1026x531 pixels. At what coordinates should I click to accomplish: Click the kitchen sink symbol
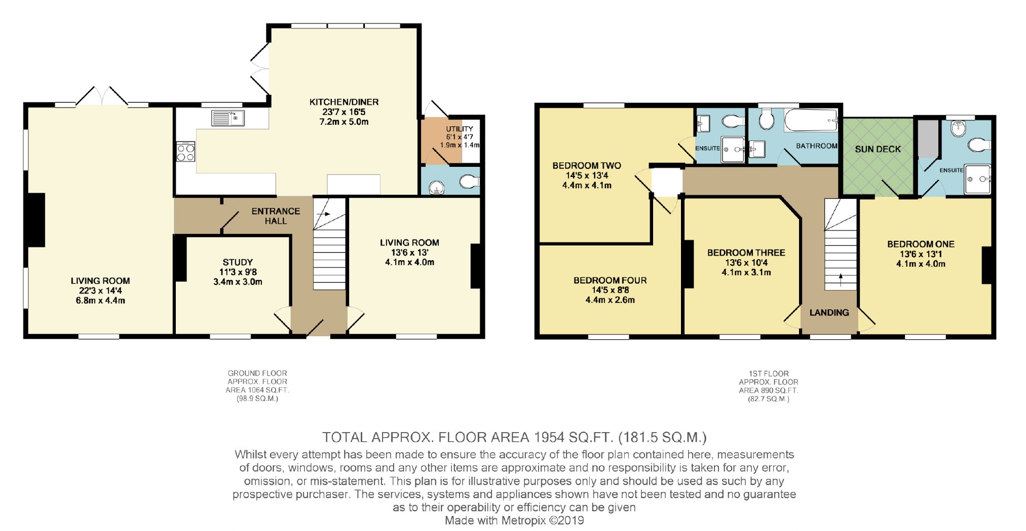[228, 118]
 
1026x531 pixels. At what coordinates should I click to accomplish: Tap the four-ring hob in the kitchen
[185, 152]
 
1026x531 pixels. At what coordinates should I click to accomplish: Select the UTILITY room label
[459, 129]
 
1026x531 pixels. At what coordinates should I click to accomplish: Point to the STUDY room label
[237, 262]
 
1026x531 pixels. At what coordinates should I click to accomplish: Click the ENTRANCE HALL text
[276, 216]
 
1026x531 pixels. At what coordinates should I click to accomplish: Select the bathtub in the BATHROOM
[810, 120]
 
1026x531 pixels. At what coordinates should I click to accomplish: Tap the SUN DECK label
[878, 149]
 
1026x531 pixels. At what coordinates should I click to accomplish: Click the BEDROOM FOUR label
[610, 280]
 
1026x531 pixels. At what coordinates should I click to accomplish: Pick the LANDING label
[829, 312]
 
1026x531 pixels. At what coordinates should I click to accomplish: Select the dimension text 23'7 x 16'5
[344, 112]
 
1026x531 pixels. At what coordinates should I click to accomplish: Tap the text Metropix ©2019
[542, 520]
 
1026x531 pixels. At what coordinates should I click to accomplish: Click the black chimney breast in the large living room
[35, 220]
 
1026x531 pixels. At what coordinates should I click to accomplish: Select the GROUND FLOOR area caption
[257, 386]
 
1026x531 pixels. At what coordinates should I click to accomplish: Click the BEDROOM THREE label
[746, 253]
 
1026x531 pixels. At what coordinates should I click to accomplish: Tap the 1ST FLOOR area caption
[768, 386]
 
